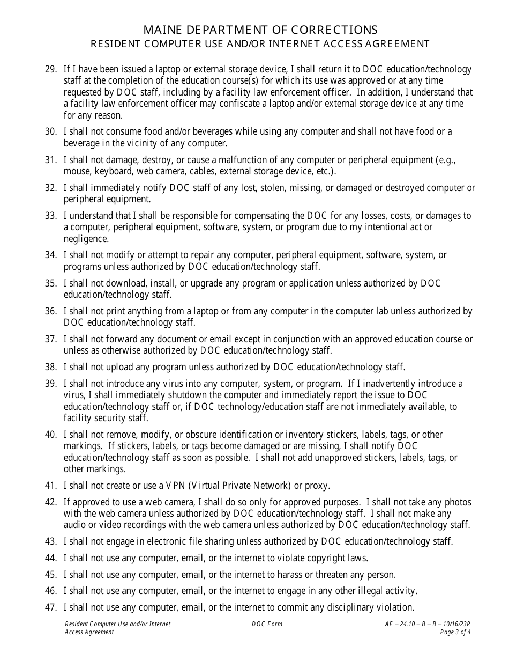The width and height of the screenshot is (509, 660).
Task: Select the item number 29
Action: (x=51, y=69)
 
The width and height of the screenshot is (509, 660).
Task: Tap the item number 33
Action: (x=51, y=216)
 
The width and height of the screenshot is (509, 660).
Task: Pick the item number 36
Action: (x=51, y=311)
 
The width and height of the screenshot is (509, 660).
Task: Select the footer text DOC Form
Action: (x=267, y=624)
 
